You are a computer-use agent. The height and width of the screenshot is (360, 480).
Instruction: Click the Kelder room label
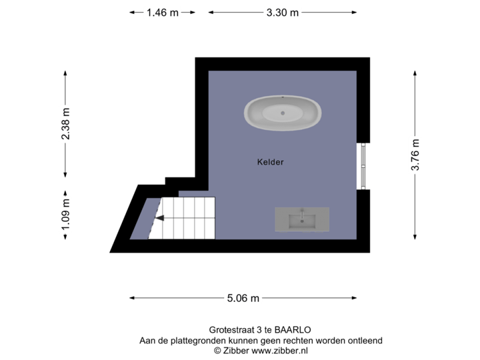(271, 162)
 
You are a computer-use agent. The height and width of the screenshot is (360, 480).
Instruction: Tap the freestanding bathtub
(283, 113)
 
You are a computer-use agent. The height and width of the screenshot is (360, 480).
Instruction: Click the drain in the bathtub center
(283, 113)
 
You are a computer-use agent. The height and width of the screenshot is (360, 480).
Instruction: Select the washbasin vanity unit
(302, 219)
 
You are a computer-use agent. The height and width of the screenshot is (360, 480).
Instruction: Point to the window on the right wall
(363, 166)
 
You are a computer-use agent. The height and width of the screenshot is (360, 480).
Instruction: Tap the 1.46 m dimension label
(163, 12)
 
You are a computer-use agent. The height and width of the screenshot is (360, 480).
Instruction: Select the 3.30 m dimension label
(283, 12)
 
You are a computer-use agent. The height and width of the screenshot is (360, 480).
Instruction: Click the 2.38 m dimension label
(65, 124)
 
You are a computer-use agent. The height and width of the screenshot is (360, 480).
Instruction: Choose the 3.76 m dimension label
(415, 155)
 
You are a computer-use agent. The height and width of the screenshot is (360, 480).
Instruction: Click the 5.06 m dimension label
(243, 298)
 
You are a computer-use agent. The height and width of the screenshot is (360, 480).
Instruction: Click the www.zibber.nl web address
(279, 350)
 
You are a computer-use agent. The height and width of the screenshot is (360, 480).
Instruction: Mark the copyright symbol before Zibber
(217, 350)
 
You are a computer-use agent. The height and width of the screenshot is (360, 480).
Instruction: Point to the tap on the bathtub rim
(283, 99)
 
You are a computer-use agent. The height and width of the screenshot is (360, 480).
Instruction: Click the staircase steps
(187, 218)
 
